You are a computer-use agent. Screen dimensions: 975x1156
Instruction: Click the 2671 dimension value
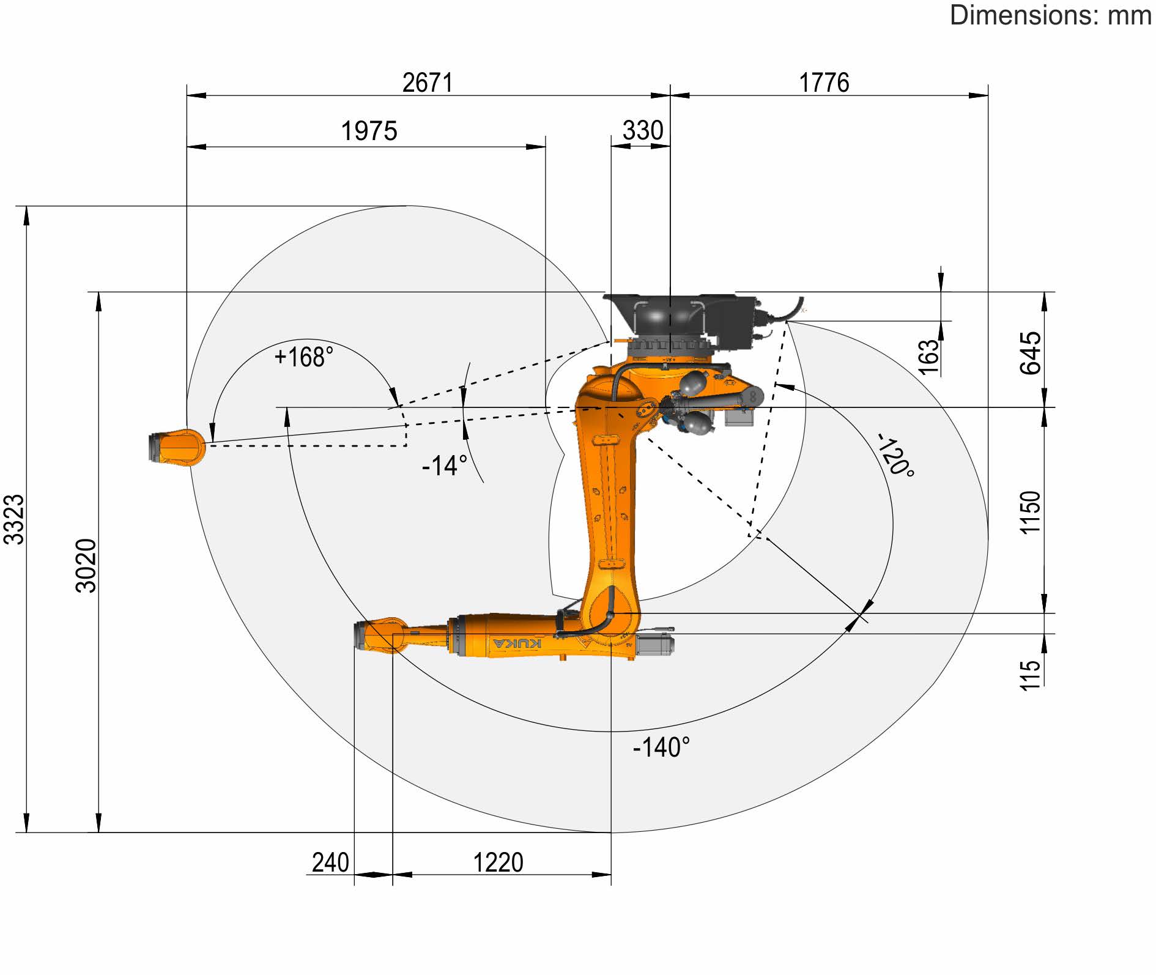428,83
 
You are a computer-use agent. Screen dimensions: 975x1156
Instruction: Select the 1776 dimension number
824,83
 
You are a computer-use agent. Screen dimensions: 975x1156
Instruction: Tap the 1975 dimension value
369,131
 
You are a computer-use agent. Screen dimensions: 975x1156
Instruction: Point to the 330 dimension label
642,130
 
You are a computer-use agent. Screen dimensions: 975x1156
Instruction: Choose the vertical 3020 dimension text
86,566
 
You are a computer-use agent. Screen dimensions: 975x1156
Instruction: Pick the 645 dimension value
1030,353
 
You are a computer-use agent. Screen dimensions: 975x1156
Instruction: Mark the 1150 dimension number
1030,513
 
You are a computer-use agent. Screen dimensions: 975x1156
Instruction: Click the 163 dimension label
928,357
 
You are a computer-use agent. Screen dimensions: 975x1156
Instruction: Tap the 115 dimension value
1030,675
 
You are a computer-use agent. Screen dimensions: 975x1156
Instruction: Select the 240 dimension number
330,862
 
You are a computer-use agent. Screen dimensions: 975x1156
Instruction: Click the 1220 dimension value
498,862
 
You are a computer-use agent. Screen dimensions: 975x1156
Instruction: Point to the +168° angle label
304,357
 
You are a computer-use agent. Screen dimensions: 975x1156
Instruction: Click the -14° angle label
445,465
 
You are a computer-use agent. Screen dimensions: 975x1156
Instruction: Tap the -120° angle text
896,455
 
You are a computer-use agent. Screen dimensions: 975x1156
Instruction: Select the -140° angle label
661,747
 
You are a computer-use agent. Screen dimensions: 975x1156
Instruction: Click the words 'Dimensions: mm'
1050,15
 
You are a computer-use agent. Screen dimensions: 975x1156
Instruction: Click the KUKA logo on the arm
517,643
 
